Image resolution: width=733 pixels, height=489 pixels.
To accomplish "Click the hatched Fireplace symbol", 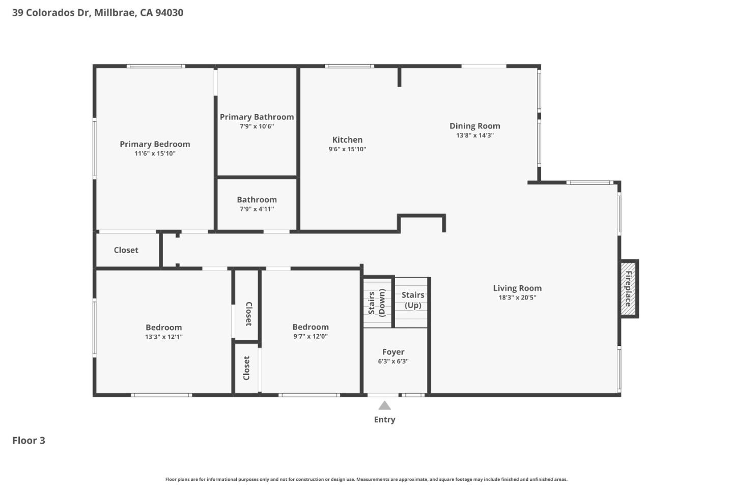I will [x=628, y=289].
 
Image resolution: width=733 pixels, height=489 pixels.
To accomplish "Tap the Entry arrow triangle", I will [x=384, y=405].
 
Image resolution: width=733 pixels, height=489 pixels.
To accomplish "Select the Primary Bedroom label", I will [x=155, y=144].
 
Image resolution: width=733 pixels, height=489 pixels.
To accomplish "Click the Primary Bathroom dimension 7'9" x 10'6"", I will [x=257, y=126].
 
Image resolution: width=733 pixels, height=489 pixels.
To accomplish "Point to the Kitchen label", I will [x=347, y=140].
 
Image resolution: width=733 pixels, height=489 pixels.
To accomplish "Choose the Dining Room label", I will [x=474, y=126].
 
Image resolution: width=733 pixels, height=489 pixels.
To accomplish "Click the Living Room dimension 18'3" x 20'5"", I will [x=517, y=297].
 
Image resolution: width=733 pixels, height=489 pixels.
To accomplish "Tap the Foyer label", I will [x=393, y=352].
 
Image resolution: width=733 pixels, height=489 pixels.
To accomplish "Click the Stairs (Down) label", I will [x=377, y=303].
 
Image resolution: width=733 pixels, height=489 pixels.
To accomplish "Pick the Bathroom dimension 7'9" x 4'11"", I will [x=257, y=209].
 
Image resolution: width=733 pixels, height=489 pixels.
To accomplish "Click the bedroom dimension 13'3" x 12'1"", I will [x=163, y=337].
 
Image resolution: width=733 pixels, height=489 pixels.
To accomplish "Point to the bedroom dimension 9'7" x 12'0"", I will [x=310, y=336].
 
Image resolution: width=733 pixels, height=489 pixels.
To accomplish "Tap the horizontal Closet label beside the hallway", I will [x=126, y=250].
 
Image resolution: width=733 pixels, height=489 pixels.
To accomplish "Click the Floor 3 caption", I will [x=29, y=441].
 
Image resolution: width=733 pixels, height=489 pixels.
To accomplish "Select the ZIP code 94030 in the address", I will [x=169, y=13].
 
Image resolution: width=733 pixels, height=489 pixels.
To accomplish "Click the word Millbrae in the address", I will [x=115, y=13].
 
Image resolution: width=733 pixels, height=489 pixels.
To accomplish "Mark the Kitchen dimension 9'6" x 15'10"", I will [x=347, y=149].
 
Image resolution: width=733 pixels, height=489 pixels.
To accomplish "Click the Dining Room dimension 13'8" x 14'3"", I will [x=474, y=135].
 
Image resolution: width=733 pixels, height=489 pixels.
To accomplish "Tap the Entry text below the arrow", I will [x=384, y=420].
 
